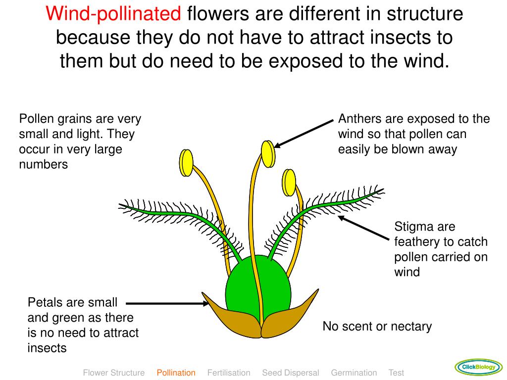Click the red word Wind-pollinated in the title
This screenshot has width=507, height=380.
point(113,13)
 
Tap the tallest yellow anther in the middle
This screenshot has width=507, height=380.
point(267,154)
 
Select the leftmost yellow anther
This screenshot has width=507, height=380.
point(186,162)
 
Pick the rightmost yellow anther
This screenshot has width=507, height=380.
point(289,183)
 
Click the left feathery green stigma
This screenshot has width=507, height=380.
point(173,213)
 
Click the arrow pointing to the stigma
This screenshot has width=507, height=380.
point(364,228)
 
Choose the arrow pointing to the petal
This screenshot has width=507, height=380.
point(168,303)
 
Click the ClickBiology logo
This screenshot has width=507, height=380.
point(478,367)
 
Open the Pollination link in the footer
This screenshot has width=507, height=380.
point(176,373)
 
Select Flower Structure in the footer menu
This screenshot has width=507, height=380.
point(114,373)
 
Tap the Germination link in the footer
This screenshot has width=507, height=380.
point(354,373)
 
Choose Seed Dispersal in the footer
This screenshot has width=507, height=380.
point(291,373)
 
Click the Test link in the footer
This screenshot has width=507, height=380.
point(396,373)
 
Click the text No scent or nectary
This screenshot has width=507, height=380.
point(377,327)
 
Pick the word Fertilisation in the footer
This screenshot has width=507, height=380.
point(229,373)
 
